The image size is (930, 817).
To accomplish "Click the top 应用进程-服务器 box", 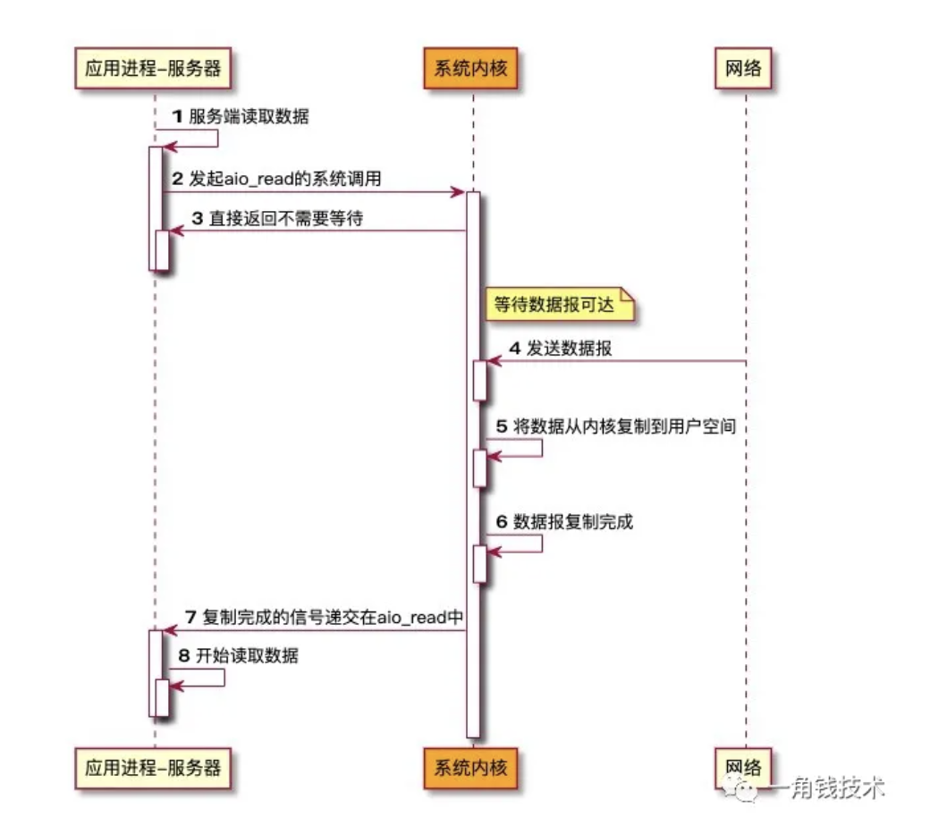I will [x=153, y=68].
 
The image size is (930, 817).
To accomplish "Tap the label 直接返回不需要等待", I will [x=286, y=218].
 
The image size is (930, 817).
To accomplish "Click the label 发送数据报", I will [x=570, y=349].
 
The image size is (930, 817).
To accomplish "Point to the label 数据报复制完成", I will [x=573, y=522].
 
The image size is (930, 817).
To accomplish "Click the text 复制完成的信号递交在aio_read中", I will [x=334, y=617].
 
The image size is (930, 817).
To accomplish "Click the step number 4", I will [x=514, y=349].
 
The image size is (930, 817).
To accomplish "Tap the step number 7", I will [x=190, y=617].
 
